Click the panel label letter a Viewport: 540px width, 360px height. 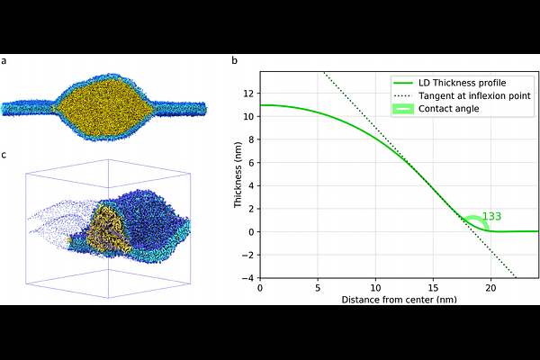pyautogui.click(x=4, y=61)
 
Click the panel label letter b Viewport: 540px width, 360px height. pyautogui.click(x=235, y=60)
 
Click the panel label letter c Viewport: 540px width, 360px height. pyautogui.click(x=4, y=156)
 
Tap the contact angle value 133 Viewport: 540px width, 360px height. pyautogui.click(x=491, y=216)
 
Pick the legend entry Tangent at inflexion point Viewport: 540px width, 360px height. pyautogui.click(x=474, y=95)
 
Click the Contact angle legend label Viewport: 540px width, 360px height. pyautogui.click(x=449, y=109)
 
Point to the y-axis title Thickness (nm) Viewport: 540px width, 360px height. pyautogui.click(x=238, y=175)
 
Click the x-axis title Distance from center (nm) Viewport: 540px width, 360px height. pyautogui.click(x=399, y=300)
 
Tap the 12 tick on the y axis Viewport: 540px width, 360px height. pyautogui.click(x=248, y=94)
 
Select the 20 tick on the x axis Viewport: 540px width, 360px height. pyautogui.click(x=490, y=288)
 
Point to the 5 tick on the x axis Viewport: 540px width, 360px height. pyautogui.click(x=318, y=288)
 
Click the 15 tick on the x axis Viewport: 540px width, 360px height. pyautogui.click(x=433, y=288)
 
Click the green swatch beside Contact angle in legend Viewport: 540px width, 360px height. pyautogui.click(x=403, y=109)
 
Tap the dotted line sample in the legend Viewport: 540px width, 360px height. pyautogui.click(x=403, y=95)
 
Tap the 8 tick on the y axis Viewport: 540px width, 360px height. pyautogui.click(x=251, y=139)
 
